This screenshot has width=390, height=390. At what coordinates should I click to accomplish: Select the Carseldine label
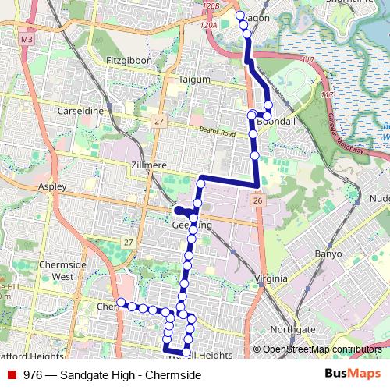80,112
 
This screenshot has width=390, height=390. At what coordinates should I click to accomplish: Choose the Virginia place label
274,278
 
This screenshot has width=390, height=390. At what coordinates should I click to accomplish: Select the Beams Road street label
216,131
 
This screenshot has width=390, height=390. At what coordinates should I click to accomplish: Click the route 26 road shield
257,201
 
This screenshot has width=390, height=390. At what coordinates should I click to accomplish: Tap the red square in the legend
12,375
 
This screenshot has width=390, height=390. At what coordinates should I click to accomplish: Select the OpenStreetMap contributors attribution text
322,349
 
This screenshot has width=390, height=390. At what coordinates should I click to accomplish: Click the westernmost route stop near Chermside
121,303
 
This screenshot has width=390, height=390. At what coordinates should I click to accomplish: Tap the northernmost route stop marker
240,15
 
